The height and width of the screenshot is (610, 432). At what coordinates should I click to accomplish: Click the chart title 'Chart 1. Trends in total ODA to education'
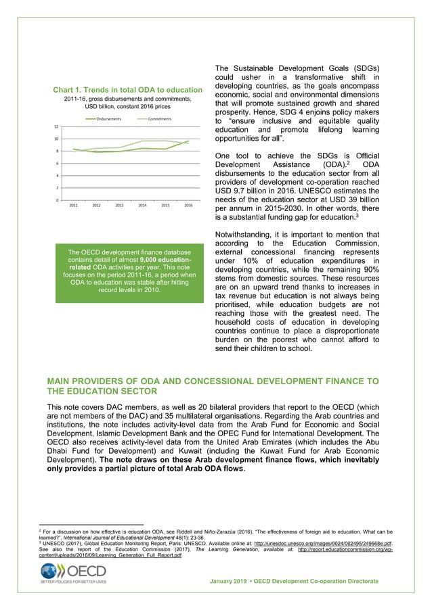128,90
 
